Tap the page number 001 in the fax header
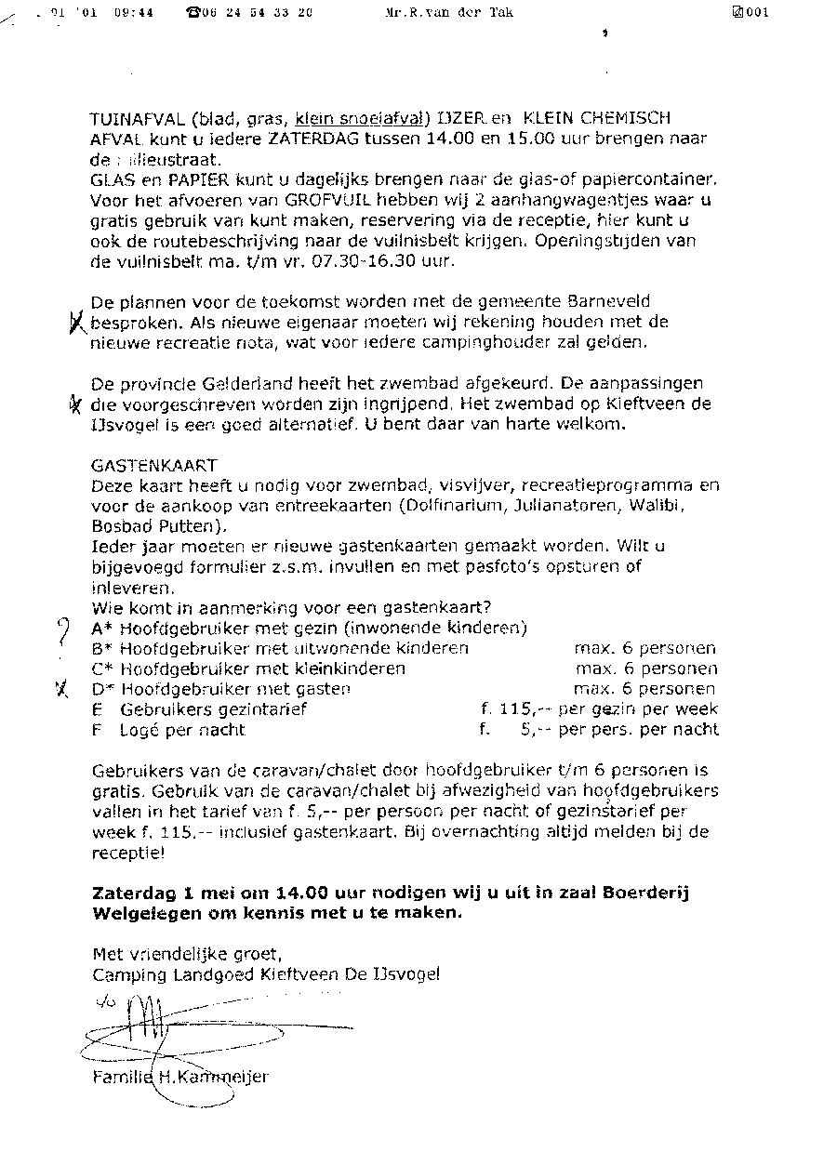point(755,13)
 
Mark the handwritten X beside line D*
point(62,689)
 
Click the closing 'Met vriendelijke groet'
point(185,954)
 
